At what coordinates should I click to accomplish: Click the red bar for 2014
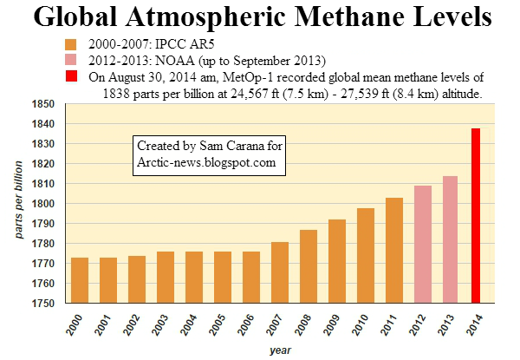[x=476, y=216]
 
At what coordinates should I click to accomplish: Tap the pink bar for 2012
[x=423, y=244]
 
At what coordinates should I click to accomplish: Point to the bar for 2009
[x=337, y=261]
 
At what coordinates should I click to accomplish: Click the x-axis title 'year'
[x=279, y=350]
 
